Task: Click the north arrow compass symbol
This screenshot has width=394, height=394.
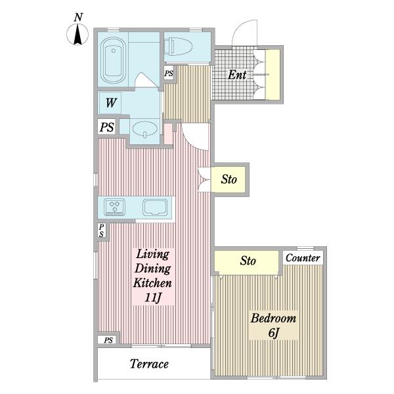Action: pos(77,34)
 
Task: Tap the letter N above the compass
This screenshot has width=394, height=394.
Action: pos(78,17)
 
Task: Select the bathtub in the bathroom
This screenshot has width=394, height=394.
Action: pos(113,60)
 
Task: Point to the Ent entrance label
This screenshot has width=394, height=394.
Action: pos(237,75)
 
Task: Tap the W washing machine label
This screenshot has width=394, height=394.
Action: pos(111,103)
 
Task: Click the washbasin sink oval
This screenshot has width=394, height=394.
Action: pos(145,129)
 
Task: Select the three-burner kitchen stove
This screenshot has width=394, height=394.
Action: pos(114,207)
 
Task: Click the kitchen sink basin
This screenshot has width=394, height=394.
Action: pos(155,208)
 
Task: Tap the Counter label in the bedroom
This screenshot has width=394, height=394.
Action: pos(303,258)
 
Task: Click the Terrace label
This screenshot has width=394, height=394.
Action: pos(149,364)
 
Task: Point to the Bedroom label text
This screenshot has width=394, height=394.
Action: pos(273,318)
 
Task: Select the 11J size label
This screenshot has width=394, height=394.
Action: pos(152,297)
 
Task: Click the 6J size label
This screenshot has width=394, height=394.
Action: pos(274,333)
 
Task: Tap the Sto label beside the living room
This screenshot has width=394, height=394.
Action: pos(229,179)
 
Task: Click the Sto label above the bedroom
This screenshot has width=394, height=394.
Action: pos(248,261)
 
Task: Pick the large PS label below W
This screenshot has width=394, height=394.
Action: pos(107,127)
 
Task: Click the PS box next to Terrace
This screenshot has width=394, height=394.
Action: pos(108,340)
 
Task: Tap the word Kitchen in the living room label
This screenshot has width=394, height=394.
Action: pos(152,283)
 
